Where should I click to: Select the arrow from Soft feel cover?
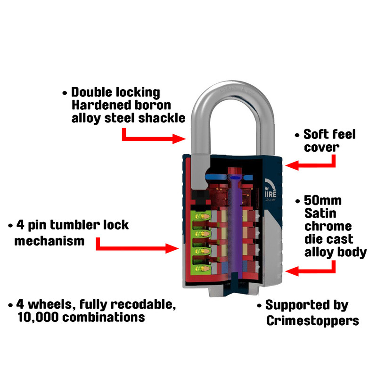pos(311,163)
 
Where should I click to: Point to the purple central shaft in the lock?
pos(235,226)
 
